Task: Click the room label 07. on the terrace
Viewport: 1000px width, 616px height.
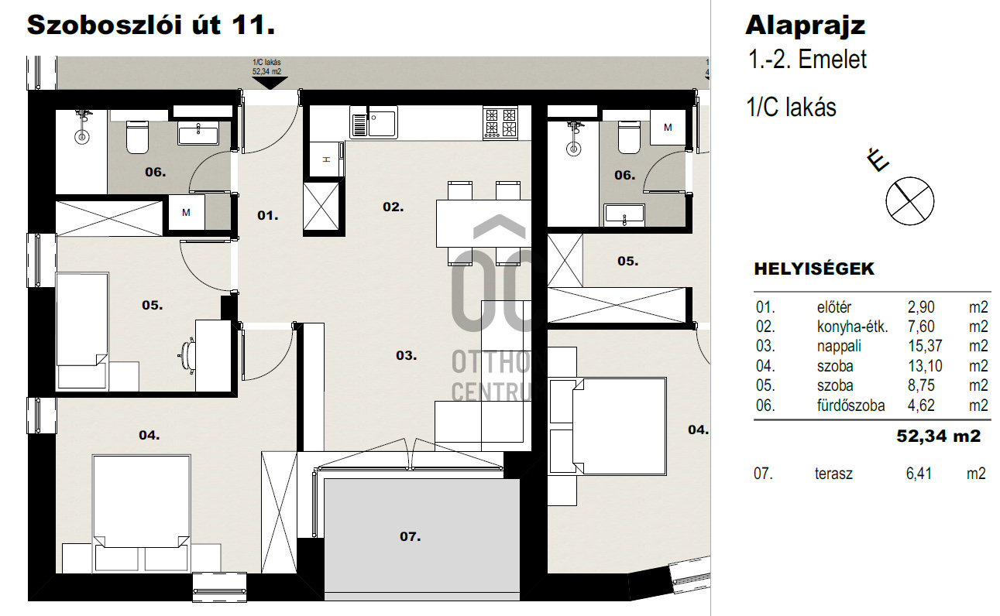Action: pos(411,536)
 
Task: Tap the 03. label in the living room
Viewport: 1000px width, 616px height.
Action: pos(406,355)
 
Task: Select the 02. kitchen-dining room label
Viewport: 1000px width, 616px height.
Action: pos(393,207)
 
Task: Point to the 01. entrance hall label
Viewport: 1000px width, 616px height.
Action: pos(268,216)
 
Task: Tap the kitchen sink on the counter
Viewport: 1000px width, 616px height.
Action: pos(373,121)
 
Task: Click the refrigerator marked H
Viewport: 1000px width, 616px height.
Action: pos(327,159)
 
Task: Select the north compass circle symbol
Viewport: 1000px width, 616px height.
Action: pos(910,201)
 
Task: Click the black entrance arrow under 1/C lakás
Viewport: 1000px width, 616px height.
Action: pos(270,83)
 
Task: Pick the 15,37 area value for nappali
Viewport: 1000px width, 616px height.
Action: pos(925,346)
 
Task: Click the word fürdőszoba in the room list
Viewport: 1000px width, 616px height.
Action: pos(851,406)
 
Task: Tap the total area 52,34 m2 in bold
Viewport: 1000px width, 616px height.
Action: pos(938,436)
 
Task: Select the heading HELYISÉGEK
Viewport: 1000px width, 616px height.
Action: pos(814,269)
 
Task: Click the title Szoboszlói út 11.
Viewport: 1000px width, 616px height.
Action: pos(151,25)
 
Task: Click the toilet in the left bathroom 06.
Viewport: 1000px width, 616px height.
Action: pos(137,138)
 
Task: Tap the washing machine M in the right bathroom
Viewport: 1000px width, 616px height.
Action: pos(668,127)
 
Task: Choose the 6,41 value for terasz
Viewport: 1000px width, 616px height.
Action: pos(919,474)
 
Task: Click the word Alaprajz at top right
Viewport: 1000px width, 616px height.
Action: pos(806,26)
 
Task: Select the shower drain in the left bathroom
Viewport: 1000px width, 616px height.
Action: pos(81,136)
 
